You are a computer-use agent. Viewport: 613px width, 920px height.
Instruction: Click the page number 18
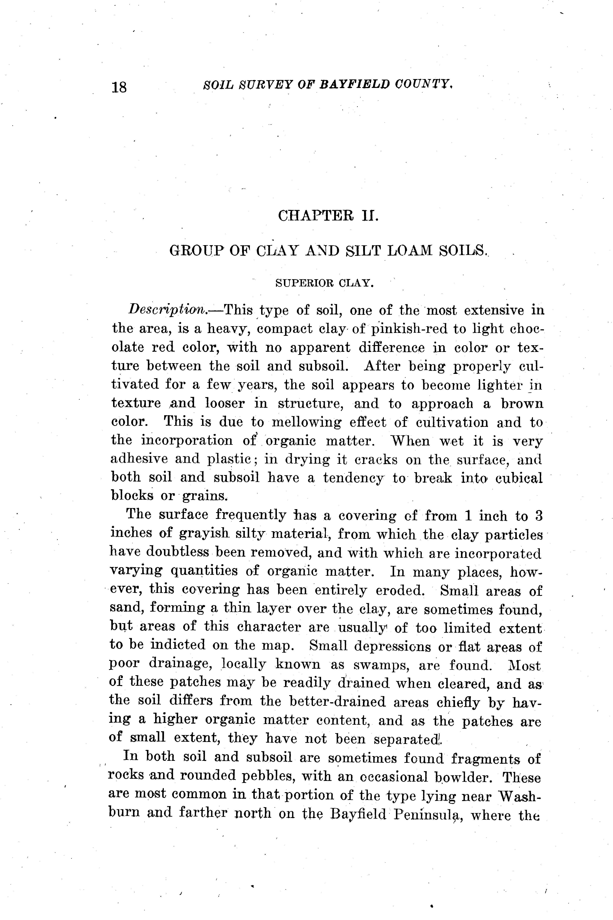pos(119,87)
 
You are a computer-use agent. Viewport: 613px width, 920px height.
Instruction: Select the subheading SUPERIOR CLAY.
pos(325,283)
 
